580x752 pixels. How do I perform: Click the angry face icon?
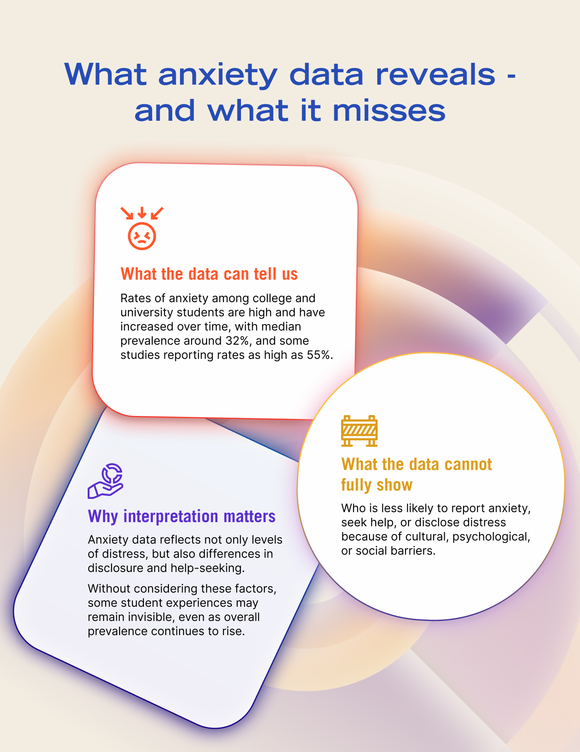[142, 235]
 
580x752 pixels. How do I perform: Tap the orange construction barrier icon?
[359, 431]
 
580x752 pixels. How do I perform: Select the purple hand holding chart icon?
[106, 481]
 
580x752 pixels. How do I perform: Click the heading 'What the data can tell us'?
[209, 274]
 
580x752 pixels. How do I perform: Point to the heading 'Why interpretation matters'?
[182, 516]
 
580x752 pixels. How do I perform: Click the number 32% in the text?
[237, 341]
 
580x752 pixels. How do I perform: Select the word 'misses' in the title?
[389, 110]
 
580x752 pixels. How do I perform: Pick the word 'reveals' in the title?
[436, 74]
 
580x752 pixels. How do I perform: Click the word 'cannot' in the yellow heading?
[468, 465]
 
